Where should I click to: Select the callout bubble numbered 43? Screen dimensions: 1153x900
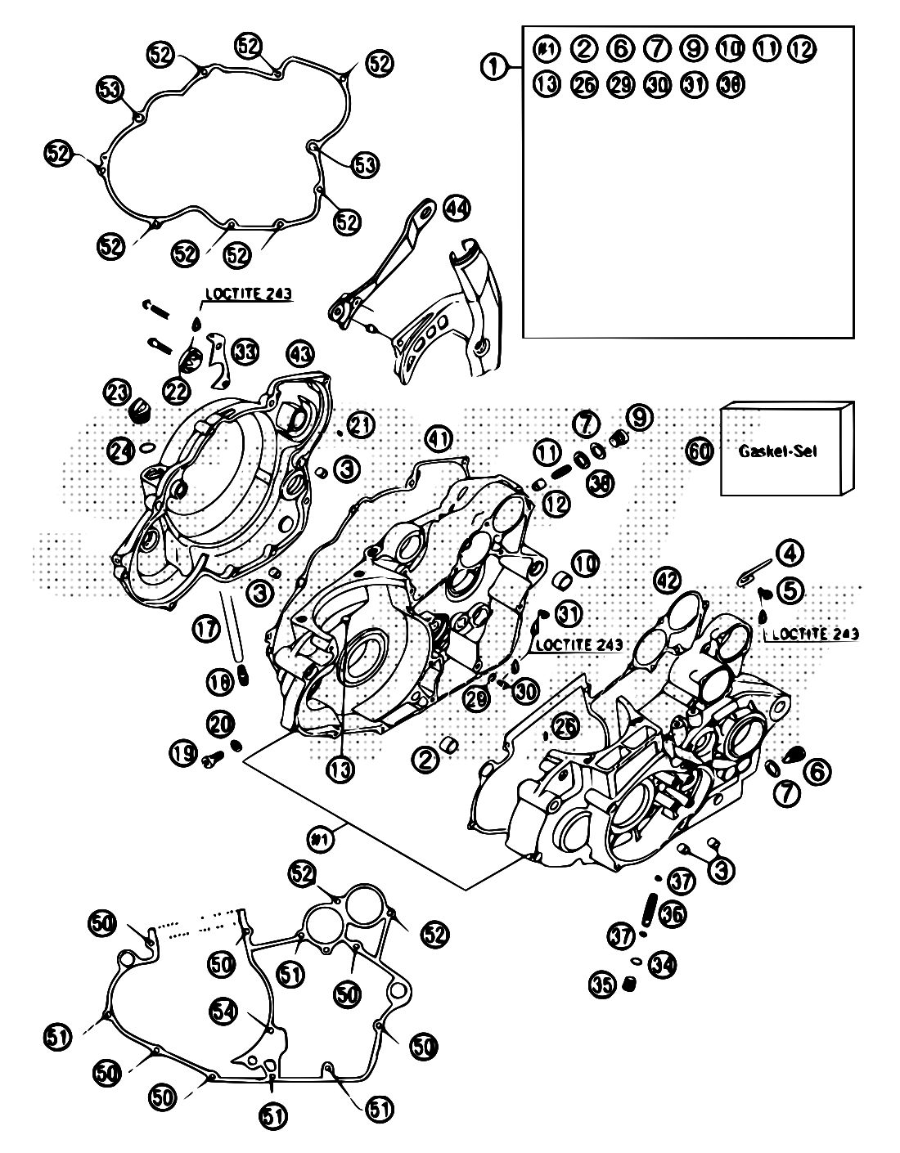coord(300,354)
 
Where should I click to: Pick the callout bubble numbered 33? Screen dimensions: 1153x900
coord(245,352)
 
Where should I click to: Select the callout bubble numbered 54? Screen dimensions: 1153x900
coord(223,1011)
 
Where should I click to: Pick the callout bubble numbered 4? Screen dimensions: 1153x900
coord(790,554)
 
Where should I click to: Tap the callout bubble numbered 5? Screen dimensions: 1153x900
coord(791,588)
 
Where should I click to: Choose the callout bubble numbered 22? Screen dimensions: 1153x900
coord(176,392)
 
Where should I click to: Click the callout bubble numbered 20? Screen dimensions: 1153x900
coord(221,723)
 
